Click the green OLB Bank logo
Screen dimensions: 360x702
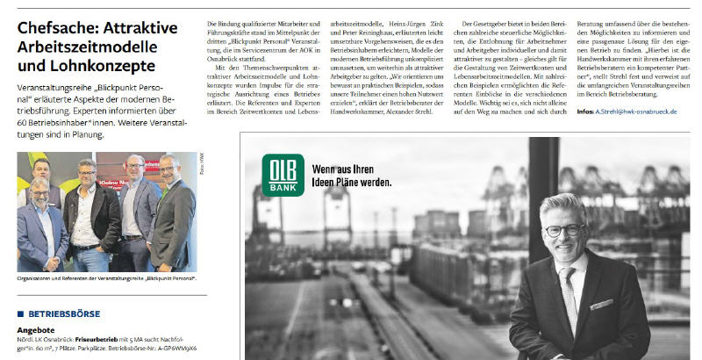click(x=283, y=174)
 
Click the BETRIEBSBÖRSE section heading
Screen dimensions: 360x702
click(x=66, y=313)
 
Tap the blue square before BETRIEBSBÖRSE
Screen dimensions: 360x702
click(x=20, y=313)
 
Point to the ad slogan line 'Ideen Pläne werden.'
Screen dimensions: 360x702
click(x=352, y=183)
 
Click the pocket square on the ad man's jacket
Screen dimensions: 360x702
click(x=602, y=303)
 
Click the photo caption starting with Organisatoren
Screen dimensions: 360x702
click(x=106, y=278)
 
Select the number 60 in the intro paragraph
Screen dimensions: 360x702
click(x=25, y=123)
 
